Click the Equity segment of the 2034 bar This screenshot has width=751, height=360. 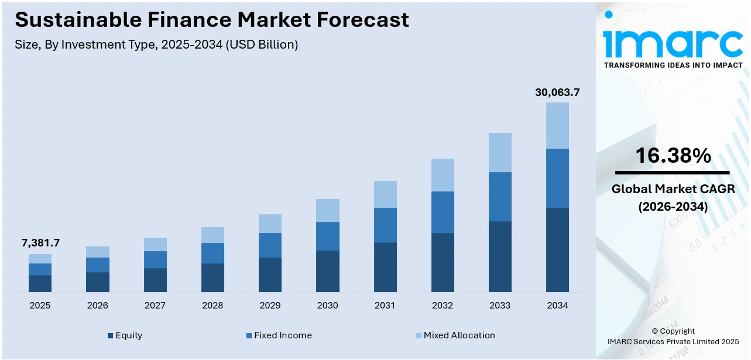click(557, 250)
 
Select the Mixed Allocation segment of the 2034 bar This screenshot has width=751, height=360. click(557, 125)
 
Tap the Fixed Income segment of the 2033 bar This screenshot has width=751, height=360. click(500, 197)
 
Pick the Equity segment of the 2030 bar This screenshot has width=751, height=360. click(328, 271)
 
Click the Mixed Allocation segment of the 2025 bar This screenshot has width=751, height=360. click(40, 259)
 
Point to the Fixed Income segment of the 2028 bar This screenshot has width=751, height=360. click(212, 253)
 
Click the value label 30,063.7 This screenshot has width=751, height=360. click(557, 92)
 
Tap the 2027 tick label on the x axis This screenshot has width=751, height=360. click(155, 306)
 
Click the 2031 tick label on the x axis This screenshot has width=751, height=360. click(385, 306)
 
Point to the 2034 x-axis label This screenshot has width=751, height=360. click(557, 306)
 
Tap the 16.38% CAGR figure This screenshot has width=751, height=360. click(673, 156)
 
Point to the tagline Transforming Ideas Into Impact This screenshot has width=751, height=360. click(673, 65)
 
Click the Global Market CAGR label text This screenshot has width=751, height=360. click(673, 189)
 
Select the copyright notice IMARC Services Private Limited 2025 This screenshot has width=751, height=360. click(673, 341)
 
